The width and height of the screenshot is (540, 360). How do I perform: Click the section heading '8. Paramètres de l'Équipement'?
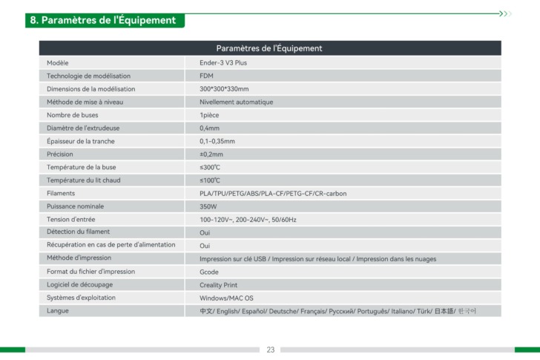click(103, 20)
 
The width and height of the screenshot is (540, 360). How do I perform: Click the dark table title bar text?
click(269, 48)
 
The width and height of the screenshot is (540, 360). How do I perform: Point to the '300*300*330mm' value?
click(224, 89)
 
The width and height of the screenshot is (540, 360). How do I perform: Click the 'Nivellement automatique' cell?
click(236, 102)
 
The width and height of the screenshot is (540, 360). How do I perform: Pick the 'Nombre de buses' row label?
click(72, 115)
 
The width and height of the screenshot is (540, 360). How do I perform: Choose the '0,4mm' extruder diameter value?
click(211, 128)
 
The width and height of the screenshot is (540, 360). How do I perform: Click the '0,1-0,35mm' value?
click(217, 141)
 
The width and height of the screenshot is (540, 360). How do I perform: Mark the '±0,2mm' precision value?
click(211, 154)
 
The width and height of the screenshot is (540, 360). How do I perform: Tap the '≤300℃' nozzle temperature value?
click(210, 167)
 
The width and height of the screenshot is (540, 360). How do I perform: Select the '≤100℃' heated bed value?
click(210, 180)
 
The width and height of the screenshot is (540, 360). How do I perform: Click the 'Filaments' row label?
click(61, 193)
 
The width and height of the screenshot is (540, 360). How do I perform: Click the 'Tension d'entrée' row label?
click(70, 220)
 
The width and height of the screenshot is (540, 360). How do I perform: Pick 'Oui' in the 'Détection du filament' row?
click(205, 232)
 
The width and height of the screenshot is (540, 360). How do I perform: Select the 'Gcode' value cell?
click(209, 272)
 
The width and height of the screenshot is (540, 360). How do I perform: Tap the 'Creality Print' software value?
click(218, 285)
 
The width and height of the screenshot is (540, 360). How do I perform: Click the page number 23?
click(270, 350)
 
